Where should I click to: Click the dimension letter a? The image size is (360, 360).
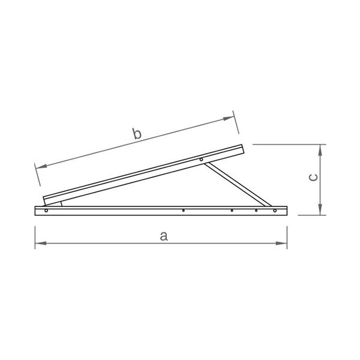click(163, 236)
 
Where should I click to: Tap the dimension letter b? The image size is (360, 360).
click(137, 134)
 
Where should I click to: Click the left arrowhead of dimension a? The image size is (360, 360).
click(39, 243)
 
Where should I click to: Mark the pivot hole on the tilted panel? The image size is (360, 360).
click(202, 159)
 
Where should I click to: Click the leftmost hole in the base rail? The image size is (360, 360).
click(46, 211)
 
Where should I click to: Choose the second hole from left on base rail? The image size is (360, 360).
click(183, 211)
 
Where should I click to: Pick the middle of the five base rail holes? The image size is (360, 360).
click(232, 211)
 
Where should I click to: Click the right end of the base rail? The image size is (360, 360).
click(286, 211)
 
